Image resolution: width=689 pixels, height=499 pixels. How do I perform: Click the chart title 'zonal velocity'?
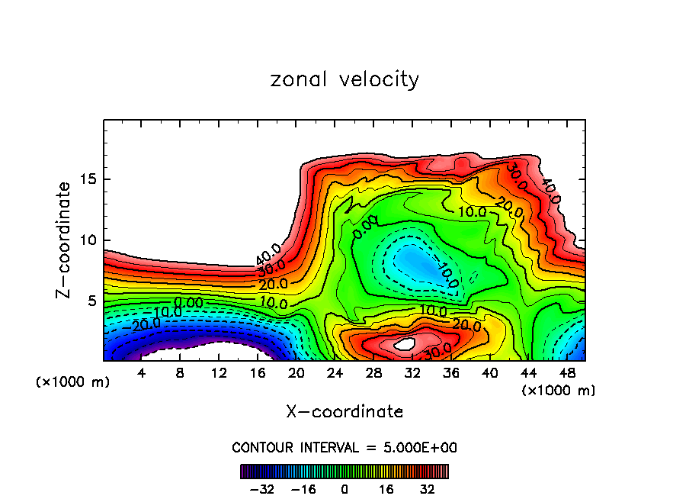(344, 80)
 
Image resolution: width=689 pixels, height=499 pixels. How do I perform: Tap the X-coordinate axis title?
(344, 412)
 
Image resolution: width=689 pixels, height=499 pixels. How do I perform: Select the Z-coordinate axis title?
(64, 240)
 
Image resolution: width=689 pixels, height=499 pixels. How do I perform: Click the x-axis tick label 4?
(142, 373)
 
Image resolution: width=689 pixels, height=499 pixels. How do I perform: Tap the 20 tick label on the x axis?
(296, 373)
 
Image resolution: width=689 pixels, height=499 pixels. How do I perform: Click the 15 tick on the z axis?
(88, 180)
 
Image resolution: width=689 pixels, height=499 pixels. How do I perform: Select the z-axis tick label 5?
(91, 301)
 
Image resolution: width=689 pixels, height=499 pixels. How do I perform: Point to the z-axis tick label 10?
(88, 240)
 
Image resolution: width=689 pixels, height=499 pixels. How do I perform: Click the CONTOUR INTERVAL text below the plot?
(344, 447)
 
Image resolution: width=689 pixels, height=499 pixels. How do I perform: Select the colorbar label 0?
(344, 488)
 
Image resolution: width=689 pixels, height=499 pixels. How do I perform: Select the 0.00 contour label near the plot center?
(365, 224)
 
